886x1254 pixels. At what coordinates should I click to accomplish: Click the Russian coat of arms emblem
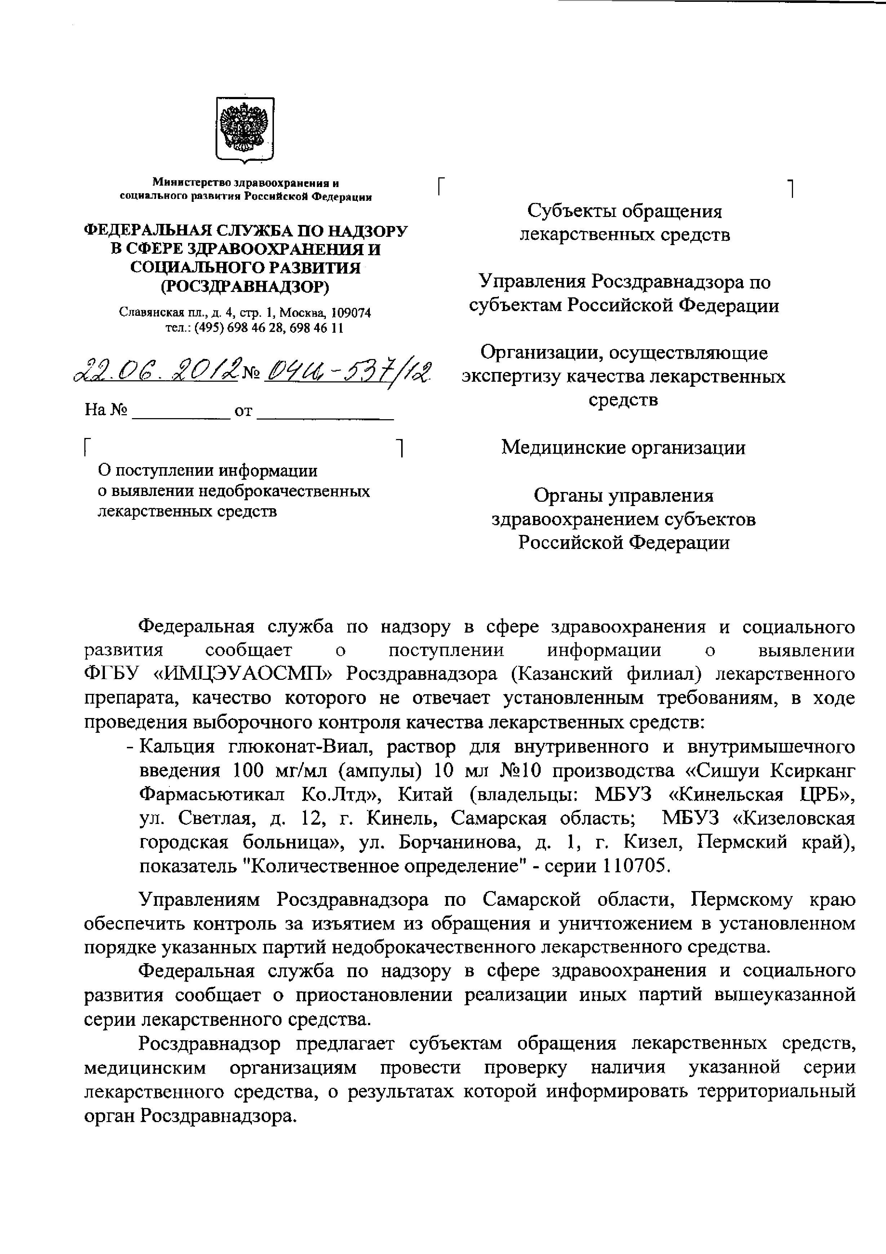pyautogui.click(x=245, y=130)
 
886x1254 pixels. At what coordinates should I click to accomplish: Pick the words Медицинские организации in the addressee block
pyautogui.click(x=623, y=448)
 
